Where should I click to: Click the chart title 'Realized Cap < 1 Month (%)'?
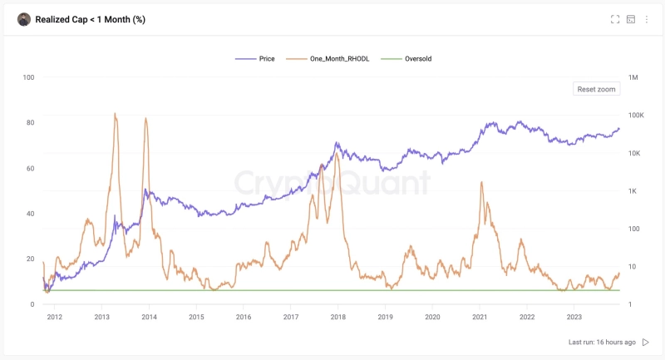(x=90, y=19)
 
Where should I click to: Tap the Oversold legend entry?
(x=412, y=59)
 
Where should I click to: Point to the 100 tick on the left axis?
(x=28, y=77)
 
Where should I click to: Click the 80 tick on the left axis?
(x=30, y=123)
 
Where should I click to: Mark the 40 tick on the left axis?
(x=30, y=214)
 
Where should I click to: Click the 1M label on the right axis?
(x=634, y=77)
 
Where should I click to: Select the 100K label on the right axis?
(x=637, y=116)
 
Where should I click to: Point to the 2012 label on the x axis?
(x=55, y=317)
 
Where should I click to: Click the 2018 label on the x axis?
(x=338, y=317)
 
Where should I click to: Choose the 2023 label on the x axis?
(x=574, y=317)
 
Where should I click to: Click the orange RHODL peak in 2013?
(x=115, y=115)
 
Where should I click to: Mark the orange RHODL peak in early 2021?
(x=481, y=182)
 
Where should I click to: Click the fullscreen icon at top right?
(x=615, y=19)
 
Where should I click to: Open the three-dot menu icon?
(x=647, y=19)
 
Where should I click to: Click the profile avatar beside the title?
(x=24, y=19)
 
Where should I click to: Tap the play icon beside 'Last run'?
(x=646, y=342)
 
